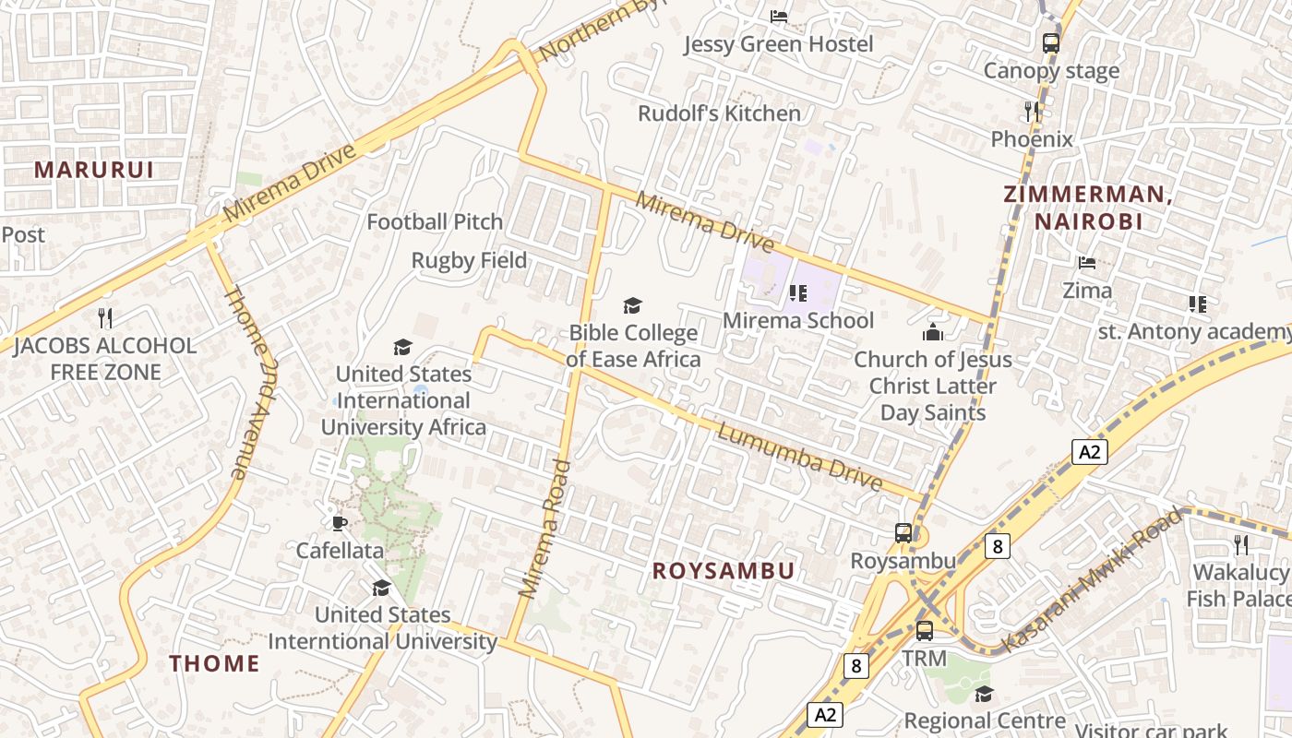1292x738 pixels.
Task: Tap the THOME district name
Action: click(x=215, y=662)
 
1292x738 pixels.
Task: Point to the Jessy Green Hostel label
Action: click(x=778, y=44)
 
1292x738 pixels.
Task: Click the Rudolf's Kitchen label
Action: click(x=720, y=113)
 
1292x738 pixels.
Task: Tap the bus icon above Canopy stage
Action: click(x=1050, y=42)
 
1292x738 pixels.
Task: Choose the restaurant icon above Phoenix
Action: click(x=1032, y=112)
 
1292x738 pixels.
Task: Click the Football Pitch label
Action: click(x=435, y=221)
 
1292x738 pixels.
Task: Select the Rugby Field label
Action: click(x=469, y=261)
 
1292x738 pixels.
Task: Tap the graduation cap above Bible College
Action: click(x=632, y=305)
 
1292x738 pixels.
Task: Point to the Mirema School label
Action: click(x=798, y=320)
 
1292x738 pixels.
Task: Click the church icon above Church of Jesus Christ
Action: click(x=933, y=332)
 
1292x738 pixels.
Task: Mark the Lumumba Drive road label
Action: click(x=800, y=457)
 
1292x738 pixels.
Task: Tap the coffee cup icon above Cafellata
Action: click(x=340, y=523)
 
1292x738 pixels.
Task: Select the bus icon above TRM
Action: click(x=924, y=631)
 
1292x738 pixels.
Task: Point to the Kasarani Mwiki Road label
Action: click(x=1091, y=579)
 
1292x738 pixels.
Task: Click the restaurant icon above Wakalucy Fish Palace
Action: click(x=1241, y=545)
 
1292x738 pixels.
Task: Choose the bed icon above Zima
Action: click(x=1087, y=263)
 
